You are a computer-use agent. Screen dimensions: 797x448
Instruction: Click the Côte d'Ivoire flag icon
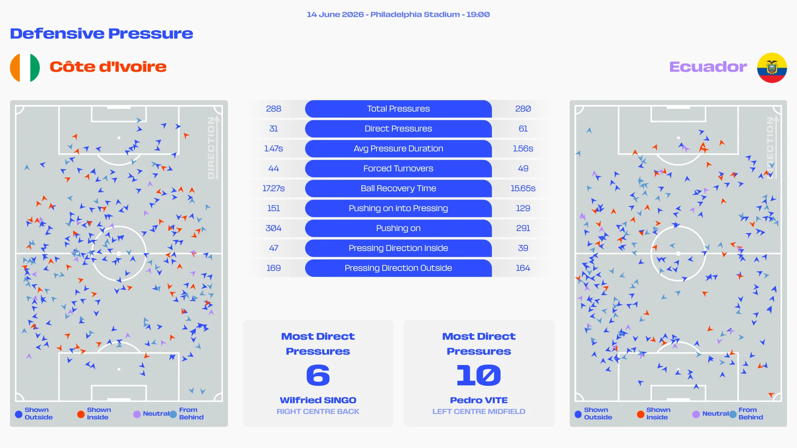25,68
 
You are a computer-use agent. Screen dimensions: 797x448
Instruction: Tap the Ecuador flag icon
772,68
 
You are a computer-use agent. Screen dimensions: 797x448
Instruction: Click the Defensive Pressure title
102,34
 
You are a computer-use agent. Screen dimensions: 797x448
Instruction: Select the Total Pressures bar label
398,109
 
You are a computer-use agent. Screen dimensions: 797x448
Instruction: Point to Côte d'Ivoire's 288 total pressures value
274,109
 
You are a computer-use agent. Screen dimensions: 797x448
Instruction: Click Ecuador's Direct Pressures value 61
523,129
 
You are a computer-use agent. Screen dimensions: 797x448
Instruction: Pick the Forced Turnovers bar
398,168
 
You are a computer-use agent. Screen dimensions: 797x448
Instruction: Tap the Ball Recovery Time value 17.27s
274,188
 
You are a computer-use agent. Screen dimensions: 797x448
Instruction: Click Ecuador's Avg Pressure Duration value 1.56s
523,149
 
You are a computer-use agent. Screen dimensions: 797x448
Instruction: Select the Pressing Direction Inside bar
398,248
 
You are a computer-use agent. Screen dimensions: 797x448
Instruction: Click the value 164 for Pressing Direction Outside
523,268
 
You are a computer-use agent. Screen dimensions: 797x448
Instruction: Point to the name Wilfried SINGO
318,400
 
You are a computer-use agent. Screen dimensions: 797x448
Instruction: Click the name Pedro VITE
479,400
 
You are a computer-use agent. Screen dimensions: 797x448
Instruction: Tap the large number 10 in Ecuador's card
479,375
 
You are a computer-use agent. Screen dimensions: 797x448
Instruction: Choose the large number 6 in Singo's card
318,375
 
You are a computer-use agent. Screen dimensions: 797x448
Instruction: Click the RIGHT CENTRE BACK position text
318,411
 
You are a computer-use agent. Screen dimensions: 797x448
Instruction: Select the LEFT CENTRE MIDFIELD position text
479,411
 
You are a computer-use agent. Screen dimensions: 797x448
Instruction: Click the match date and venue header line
398,15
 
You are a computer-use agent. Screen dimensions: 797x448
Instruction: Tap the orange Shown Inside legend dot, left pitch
81,414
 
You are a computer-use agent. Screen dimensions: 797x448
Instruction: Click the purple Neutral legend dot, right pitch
696,414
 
